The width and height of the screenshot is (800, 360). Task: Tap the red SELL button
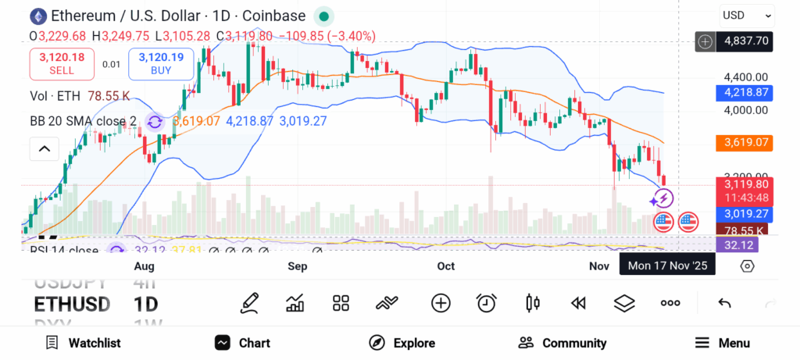[x=62, y=63]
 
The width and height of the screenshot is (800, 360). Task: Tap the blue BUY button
[x=161, y=63]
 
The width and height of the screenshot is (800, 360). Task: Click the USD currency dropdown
[x=747, y=15]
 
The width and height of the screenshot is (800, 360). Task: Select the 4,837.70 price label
[x=747, y=41]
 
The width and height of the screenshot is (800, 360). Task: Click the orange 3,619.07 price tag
[x=745, y=143]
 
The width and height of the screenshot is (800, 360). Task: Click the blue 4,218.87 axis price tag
[x=745, y=92]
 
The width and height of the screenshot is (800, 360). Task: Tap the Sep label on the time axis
[x=297, y=266]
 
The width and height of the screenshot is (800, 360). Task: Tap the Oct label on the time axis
[x=446, y=266]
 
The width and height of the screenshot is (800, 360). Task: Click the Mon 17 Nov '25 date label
[x=667, y=266]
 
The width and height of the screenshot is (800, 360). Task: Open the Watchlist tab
[x=83, y=343]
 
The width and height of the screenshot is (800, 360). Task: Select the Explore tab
[x=402, y=343]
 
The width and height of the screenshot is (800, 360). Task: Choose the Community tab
[x=562, y=343]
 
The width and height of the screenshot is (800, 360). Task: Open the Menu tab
[x=723, y=343]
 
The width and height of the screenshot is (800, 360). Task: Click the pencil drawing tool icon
[x=250, y=303]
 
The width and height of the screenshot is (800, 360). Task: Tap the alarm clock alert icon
[x=487, y=303]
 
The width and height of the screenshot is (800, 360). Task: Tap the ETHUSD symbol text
[x=72, y=304]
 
